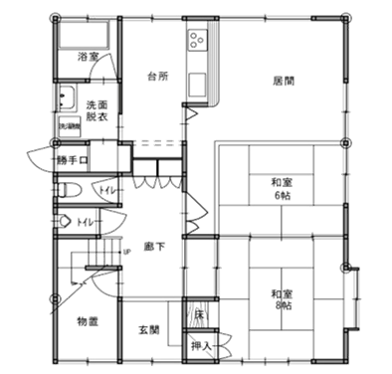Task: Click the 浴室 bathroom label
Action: pos(88,57)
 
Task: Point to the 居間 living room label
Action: pos(283,81)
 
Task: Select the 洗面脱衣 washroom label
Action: pos(96,109)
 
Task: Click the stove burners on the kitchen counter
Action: pos(196,42)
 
